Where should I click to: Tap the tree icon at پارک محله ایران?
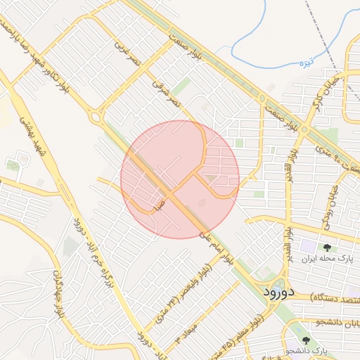pos(327,247)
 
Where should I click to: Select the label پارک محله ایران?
pos(326,259)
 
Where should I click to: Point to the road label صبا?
pos(160,205)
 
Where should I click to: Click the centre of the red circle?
pos(180,179)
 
